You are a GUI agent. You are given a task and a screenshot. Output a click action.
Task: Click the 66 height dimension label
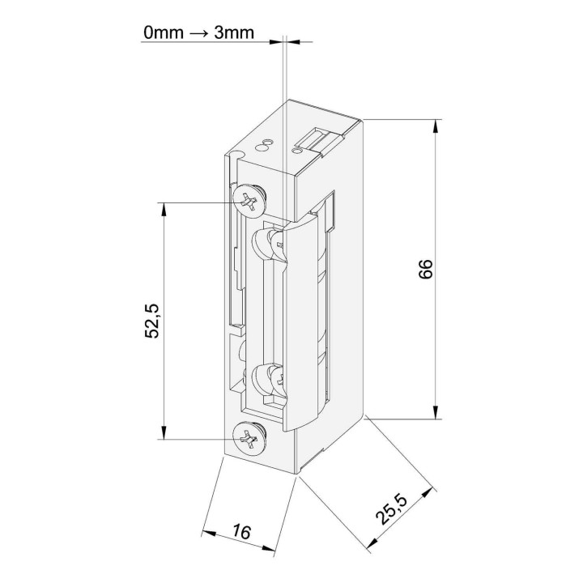(x=426, y=269)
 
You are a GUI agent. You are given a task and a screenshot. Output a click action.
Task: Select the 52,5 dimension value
(x=151, y=321)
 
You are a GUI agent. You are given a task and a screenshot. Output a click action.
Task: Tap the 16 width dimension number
(x=242, y=532)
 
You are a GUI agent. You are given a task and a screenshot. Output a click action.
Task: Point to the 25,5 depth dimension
(x=392, y=509)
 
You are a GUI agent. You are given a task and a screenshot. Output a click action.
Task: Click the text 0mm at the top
(x=164, y=32)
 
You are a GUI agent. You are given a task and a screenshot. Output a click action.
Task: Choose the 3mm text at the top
(x=234, y=32)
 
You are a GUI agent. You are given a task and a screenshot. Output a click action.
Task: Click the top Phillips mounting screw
(x=250, y=202)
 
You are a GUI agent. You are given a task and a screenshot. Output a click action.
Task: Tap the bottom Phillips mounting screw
(x=250, y=439)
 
